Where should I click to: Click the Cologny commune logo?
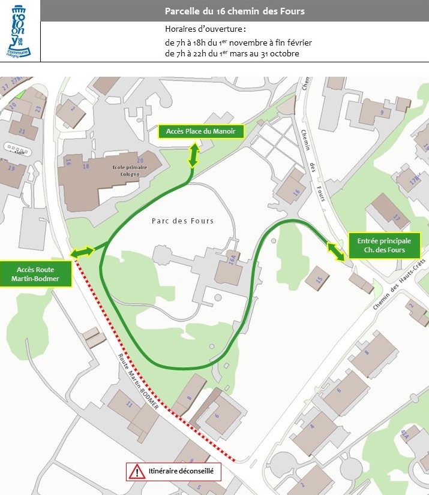(x=20, y=31)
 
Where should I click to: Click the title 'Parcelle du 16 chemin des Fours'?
(x=235, y=11)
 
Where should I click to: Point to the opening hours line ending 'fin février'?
(x=238, y=43)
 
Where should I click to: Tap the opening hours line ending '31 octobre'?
(x=232, y=53)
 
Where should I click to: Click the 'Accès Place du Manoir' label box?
(x=200, y=132)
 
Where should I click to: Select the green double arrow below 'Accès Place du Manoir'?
(x=193, y=155)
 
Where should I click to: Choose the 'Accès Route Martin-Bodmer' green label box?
(x=36, y=273)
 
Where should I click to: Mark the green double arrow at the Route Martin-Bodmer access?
(x=82, y=252)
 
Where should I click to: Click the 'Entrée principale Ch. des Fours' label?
(x=385, y=245)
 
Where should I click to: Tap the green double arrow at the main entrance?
(x=335, y=252)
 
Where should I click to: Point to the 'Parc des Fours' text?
(x=182, y=221)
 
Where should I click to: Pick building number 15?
(x=319, y=278)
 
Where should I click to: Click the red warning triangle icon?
(x=137, y=472)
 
